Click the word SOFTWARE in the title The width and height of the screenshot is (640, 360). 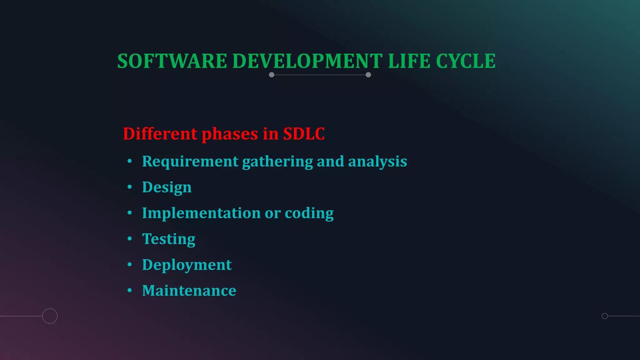(x=172, y=61)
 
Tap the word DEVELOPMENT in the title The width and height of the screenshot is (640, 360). (x=307, y=61)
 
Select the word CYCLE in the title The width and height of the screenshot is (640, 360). (x=466, y=61)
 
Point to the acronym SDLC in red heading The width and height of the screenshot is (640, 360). (x=304, y=134)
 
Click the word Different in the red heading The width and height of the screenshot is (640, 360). (x=160, y=134)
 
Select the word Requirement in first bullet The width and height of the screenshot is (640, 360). (x=190, y=162)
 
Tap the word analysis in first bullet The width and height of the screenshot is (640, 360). (x=377, y=162)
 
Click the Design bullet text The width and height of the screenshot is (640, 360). (x=167, y=187)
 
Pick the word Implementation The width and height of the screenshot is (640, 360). (x=201, y=213)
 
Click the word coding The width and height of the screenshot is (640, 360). (x=309, y=213)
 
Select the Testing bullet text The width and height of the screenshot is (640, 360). (x=169, y=239)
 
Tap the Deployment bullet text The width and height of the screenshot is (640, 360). (x=187, y=265)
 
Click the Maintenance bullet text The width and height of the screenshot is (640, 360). (x=189, y=291)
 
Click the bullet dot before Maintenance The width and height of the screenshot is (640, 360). (x=130, y=291)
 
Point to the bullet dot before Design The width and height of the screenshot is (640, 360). (x=130, y=187)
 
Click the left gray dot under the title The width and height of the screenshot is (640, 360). (x=272, y=75)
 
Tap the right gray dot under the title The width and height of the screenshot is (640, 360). (x=368, y=75)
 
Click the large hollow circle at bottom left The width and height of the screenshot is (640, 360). (x=50, y=316)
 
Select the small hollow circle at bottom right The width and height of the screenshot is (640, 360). (x=605, y=316)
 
